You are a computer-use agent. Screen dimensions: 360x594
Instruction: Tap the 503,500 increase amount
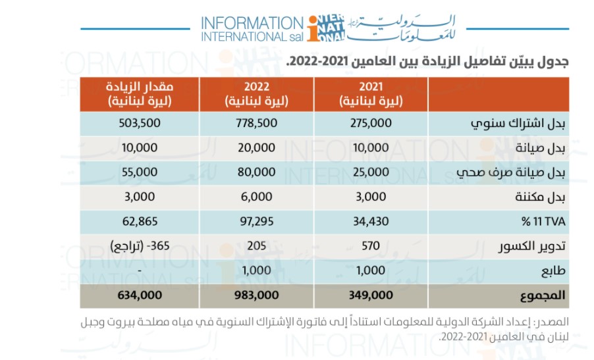coord(140,123)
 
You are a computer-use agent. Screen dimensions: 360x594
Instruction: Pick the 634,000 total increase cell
coord(140,295)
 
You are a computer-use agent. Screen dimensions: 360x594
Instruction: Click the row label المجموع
coord(541,295)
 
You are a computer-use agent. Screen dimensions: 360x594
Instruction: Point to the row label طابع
coord(554,271)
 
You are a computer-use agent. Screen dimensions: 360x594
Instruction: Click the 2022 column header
coord(257,93)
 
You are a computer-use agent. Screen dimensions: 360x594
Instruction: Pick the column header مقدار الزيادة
coord(140,93)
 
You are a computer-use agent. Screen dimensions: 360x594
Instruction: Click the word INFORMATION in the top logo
coord(251,22)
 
